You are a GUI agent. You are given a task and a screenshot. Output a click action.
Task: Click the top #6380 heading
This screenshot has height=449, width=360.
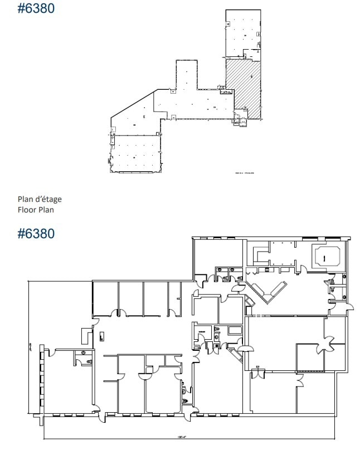coord(36,9)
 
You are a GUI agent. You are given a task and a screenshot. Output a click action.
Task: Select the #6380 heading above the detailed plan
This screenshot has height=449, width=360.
coord(36,233)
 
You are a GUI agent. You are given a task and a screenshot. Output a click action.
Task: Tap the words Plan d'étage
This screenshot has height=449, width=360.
coord(39,199)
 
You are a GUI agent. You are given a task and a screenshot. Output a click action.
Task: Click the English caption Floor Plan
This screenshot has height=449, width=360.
coord(36,210)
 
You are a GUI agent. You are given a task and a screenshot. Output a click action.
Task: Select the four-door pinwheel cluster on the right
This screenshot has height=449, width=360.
coord(322,346)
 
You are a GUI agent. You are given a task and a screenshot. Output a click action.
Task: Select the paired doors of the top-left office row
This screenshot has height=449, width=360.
coord(117,313)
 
